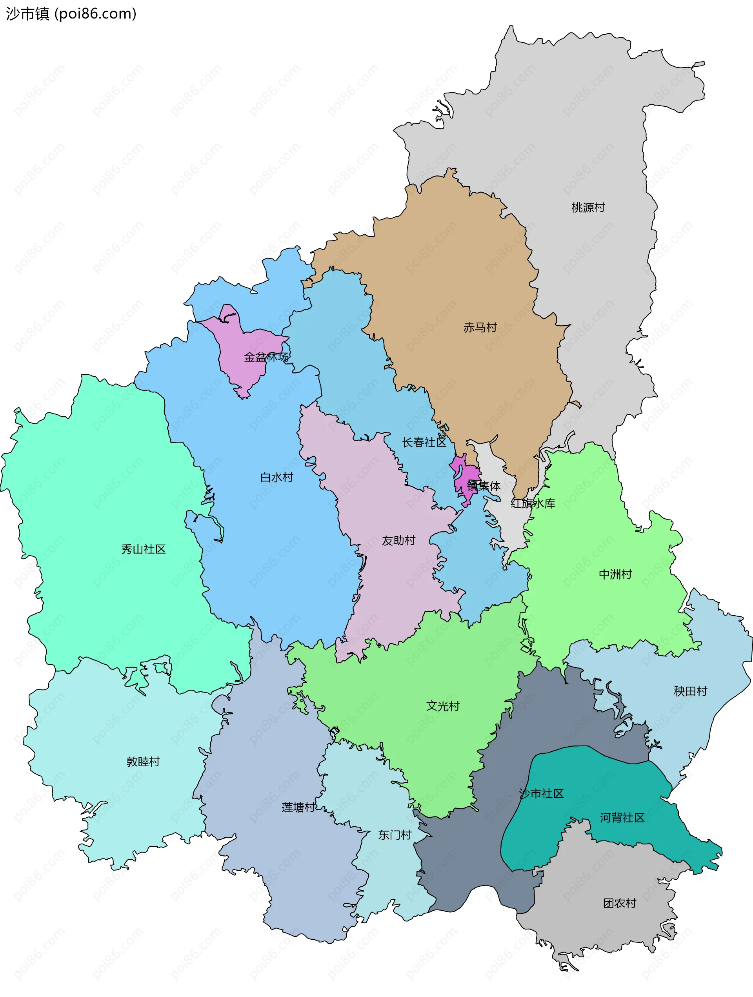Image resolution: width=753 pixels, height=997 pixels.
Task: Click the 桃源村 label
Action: pos(587,207)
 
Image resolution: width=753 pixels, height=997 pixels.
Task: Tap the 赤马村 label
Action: pos(480,327)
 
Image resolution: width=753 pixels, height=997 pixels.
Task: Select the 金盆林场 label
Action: pos(266,357)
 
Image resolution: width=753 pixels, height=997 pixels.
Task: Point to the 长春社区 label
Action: pos(424,442)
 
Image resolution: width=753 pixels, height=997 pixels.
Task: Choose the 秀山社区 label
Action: pos(143,549)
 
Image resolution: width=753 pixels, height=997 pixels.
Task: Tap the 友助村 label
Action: pos(398,540)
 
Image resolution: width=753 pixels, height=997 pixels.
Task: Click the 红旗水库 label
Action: pos(532,503)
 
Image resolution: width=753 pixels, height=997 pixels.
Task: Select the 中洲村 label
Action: pos(615,574)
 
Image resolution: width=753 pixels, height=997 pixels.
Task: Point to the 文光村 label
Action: pos(442,706)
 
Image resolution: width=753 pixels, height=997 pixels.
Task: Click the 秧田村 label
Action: pos(690,691)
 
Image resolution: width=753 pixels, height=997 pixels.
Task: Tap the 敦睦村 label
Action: pos(143,762)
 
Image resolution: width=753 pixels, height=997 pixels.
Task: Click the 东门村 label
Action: pos(394,835)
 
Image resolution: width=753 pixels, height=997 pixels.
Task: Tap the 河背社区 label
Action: pos(622,818)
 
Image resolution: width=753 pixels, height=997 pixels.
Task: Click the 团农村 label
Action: pos(619,903)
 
